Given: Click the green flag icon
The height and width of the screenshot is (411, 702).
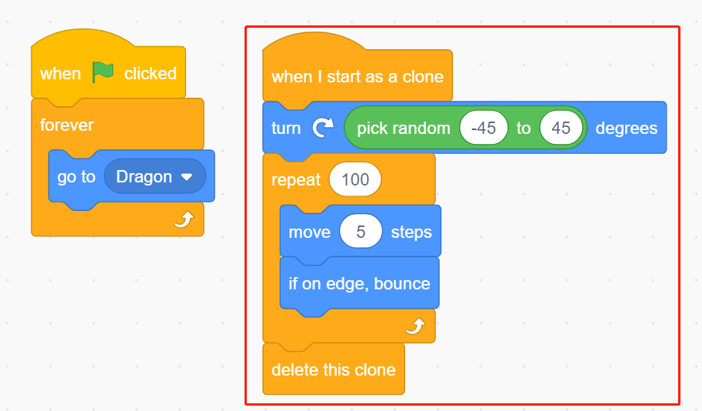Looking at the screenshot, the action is click(x=102, y=72).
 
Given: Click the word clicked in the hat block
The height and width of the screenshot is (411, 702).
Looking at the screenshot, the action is click(x=151, y=74).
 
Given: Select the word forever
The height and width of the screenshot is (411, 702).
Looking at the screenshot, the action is click(x=67, y=125).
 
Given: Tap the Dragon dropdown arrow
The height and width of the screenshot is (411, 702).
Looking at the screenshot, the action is click(x=187, y=177).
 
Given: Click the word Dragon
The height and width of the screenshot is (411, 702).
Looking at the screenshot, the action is click(x=144, y=176).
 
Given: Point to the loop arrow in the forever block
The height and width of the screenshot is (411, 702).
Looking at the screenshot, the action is click(x=184, y=219).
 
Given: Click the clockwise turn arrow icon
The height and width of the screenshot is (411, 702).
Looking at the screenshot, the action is click(x=323, y=128).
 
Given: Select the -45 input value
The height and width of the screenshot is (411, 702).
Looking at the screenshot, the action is click(x=484, y=129).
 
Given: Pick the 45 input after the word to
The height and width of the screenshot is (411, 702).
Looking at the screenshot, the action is click(x=561, y=129).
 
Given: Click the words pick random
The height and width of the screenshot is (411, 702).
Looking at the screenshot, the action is click(x=404, y=129).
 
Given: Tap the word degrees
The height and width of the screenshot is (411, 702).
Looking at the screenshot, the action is click(x=627, y=129).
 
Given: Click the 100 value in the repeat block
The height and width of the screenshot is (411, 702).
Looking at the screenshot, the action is click(x=355, y=180).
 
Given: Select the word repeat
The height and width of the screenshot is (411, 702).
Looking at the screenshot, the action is click(x=296, y=180).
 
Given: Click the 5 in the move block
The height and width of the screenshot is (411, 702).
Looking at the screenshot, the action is click(x=361, y=232).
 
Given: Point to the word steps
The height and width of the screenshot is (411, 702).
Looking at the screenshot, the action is click(x=411, y=232).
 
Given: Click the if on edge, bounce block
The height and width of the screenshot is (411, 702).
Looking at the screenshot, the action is click(x=360, y=284).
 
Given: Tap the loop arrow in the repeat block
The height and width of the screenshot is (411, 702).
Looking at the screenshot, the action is click(x=415, y=326).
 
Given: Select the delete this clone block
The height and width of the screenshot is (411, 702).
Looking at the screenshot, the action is click(x=334, y=369).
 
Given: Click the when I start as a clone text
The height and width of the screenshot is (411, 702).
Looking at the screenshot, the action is click(x=358, y=77).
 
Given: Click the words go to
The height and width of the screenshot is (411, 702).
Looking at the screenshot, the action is click(x=76, y=177).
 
